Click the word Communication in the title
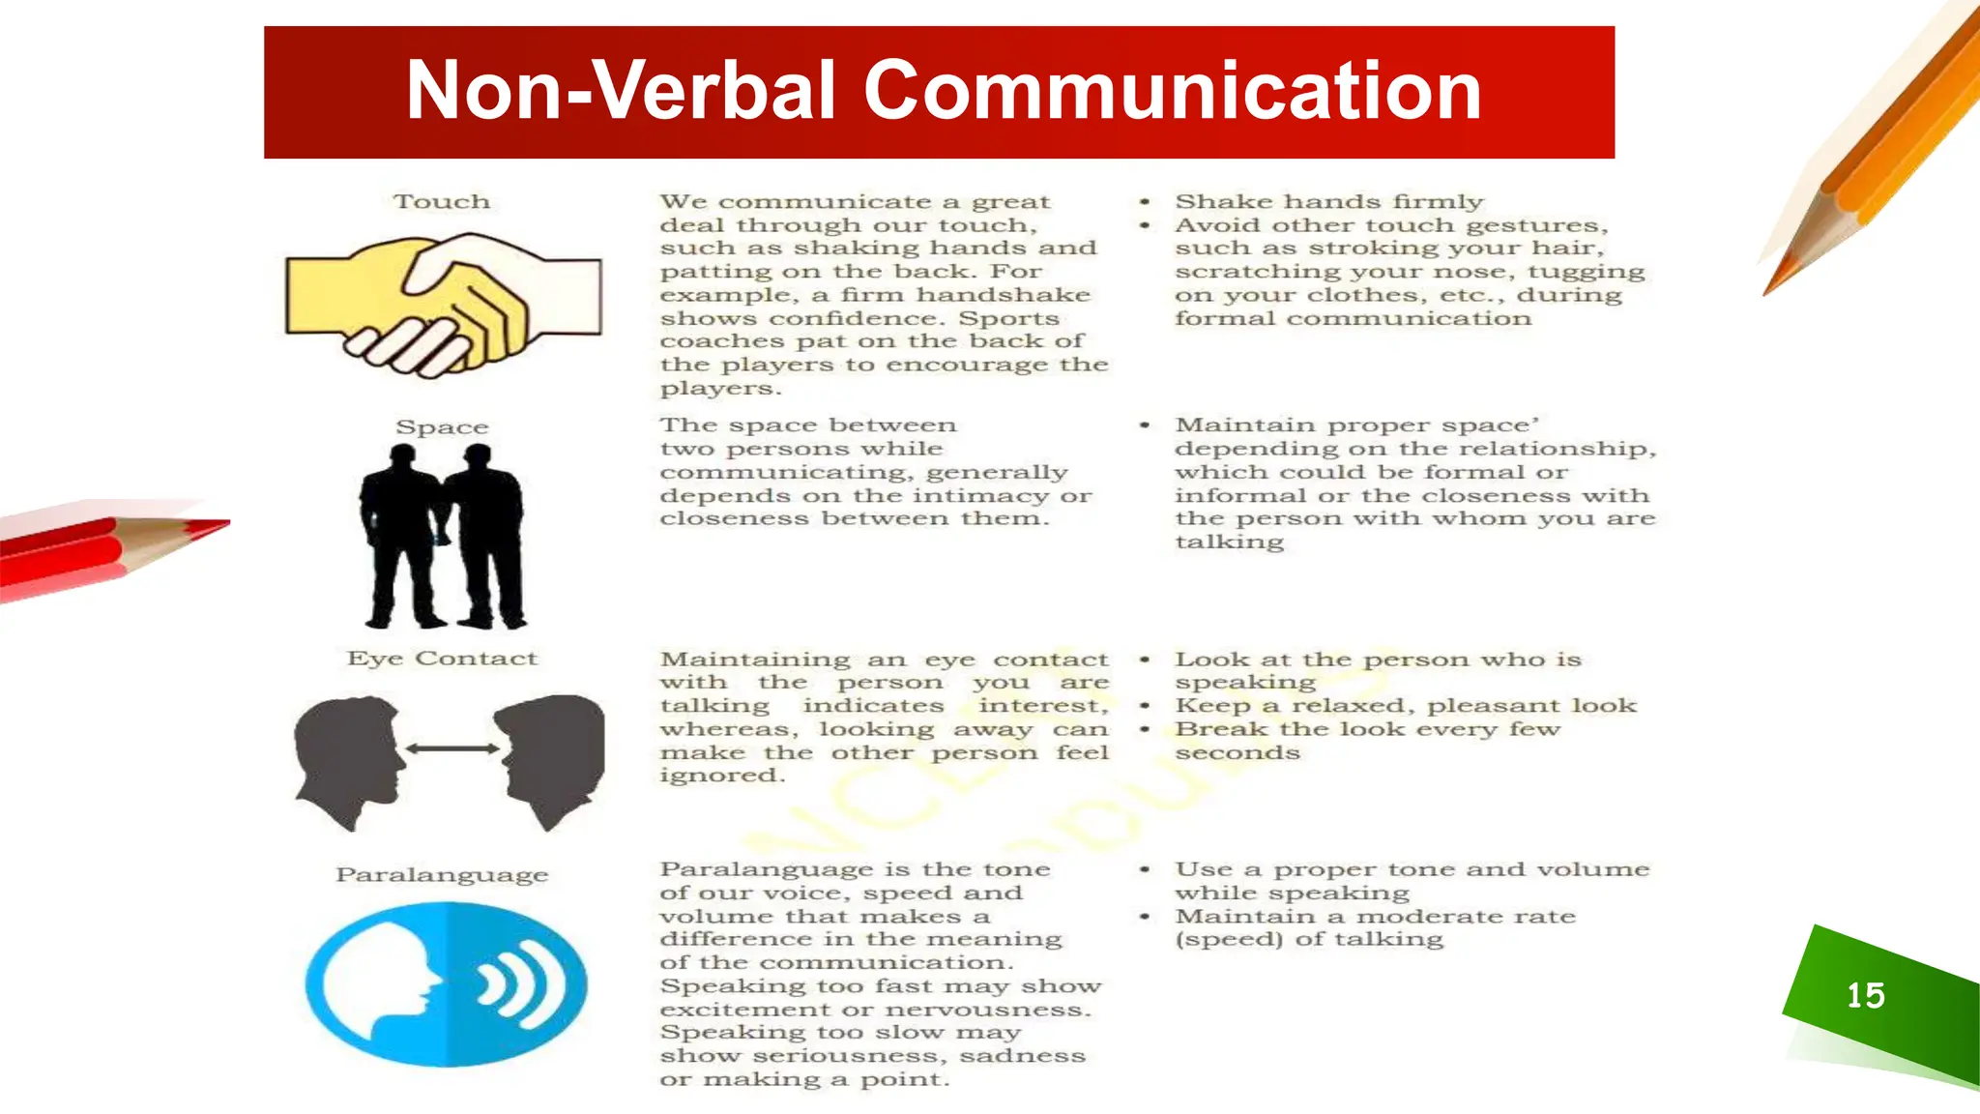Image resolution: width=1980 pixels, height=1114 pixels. point(1172,91)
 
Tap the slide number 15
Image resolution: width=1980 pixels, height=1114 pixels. point(1865,995)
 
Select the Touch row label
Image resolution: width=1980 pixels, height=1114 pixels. point(442,201)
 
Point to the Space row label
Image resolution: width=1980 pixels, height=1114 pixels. point(442,426)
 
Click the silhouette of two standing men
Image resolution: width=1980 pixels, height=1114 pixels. point(443,537)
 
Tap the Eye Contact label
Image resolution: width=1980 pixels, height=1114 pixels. point(442,659)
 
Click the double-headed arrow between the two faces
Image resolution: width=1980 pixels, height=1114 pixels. point(451,748)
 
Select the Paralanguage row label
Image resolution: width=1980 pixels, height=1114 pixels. point(442,875)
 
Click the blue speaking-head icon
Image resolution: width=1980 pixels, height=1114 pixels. point(446,984)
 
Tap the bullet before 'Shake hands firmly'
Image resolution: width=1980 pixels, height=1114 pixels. point(1145,202)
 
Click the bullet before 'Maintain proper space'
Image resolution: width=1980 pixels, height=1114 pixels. point(1145,425)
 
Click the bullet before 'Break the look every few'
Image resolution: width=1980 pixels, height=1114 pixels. point(1145,729)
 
